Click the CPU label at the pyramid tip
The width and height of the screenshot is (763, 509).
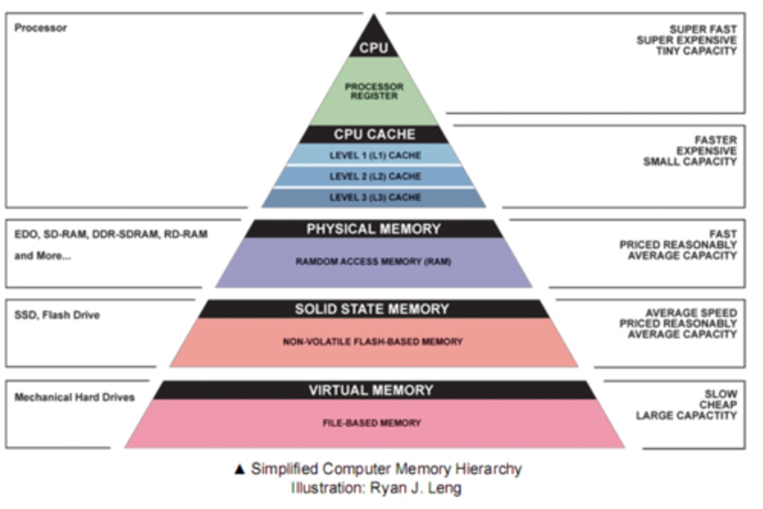(374, 48)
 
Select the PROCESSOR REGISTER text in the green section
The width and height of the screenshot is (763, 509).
(374, 91)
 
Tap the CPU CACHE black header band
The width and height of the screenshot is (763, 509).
(374, 135)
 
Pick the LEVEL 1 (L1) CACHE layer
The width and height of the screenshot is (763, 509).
(375, 155)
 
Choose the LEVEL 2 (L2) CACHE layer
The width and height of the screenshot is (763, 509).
(375, 176)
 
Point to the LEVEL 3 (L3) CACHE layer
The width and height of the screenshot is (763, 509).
(375, 198)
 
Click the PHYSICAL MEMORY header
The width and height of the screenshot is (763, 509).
(374, 229)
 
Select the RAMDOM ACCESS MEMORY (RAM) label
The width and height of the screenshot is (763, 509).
(374, 262)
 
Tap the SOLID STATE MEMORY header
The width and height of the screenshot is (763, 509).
(372, 309)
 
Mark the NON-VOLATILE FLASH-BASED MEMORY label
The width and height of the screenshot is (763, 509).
(372, 342)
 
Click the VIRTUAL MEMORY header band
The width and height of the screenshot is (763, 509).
(371, 390)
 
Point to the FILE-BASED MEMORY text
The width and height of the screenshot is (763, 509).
(372, 423)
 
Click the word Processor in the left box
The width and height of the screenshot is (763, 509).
(41, 28)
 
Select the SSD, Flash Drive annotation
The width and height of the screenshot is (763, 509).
(57, 315)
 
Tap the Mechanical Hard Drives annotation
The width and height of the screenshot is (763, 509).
(75, 397)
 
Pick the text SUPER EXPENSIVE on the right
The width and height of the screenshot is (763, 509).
(686, 40)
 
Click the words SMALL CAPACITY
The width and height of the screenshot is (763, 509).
(690, 162)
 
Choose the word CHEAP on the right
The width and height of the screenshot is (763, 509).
(717, 405)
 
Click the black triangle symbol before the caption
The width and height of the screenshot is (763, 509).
(239, 469)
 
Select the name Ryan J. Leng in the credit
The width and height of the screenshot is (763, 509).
(415, 488)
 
